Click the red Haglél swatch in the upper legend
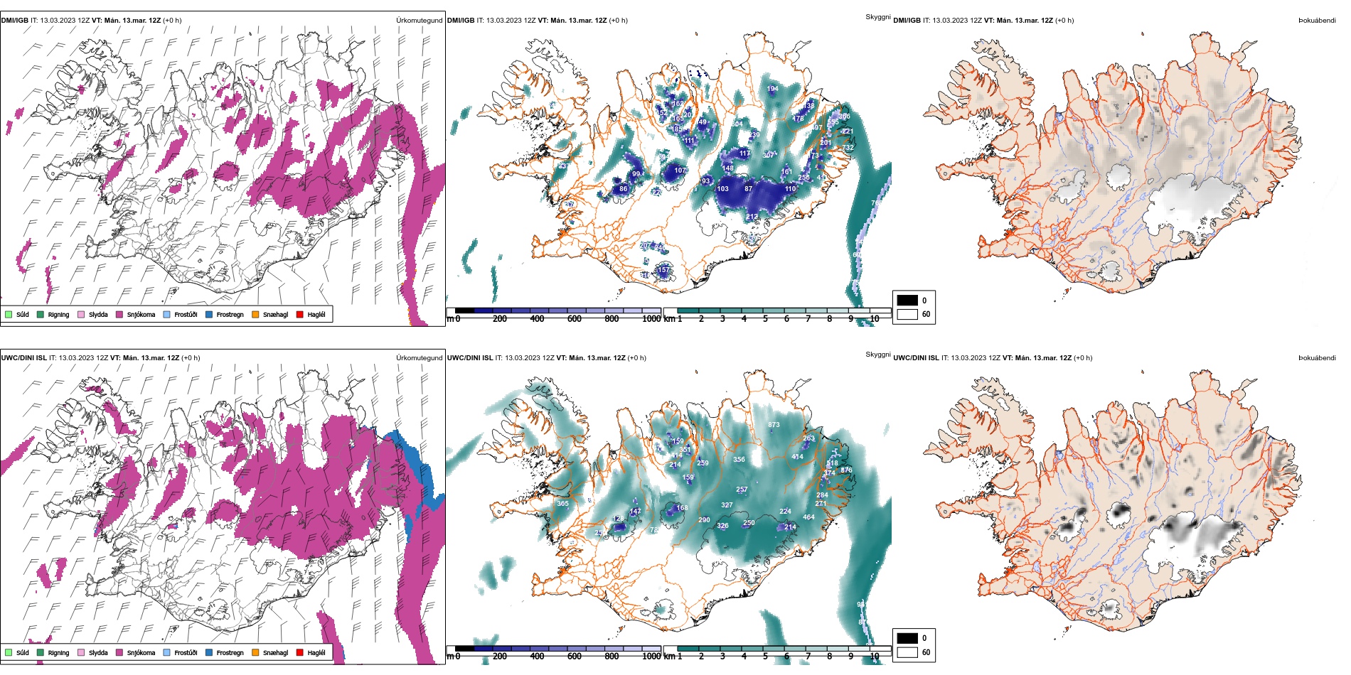pos(299,314)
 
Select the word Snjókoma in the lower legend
pos(141,652)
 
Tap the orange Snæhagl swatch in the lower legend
pos(255,652)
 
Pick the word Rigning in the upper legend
pos(58,315)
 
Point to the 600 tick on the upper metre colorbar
pos(575,319)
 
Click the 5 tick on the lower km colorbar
pos(765,657)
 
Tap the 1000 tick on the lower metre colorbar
pos(651,657)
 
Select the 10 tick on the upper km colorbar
pos(875,319)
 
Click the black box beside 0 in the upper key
pos(907,300)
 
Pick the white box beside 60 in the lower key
pos(907,652)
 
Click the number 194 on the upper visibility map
pos(772,89)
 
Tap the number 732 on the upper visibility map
pos(848,148)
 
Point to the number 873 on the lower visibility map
pos(774,425)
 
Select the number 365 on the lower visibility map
pos(562,504)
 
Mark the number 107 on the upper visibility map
pos(680,171)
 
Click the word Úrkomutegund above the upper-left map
pos(419,21)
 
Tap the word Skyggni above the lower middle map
pos(877,354)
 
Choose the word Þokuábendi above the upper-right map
pos(1317,21)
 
